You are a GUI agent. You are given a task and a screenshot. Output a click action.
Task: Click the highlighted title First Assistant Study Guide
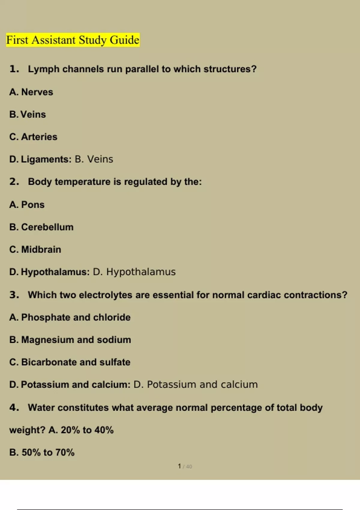pos(73,40)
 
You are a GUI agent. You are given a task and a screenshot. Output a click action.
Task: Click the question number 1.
pos(14,69)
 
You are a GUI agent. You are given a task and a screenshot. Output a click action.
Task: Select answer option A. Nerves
pos(31,92)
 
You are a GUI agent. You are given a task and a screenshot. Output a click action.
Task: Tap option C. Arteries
pos(33,137)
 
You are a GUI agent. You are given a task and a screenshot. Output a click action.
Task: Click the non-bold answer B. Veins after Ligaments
pos(94,159)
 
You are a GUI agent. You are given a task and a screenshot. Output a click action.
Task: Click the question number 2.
pos(14,181)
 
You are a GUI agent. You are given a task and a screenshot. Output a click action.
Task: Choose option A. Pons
pos(27,205)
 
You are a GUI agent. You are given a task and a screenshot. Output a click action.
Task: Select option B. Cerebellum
pos(41,227)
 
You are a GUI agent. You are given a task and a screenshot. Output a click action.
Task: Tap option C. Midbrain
pos(35,249)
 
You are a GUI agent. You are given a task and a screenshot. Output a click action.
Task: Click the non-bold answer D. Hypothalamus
pos(134,272)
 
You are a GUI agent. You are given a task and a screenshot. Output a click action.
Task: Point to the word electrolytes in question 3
pos(105,295)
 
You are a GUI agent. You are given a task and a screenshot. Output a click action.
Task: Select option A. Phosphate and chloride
pos(70,317)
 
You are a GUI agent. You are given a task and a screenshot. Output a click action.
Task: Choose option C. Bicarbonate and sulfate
pos(70,362)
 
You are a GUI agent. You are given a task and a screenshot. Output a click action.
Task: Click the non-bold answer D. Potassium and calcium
pos(195,385)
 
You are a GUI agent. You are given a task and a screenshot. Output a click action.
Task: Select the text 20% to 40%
pos(87,430)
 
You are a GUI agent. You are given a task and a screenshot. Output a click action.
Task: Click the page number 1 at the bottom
pos(179,466)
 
